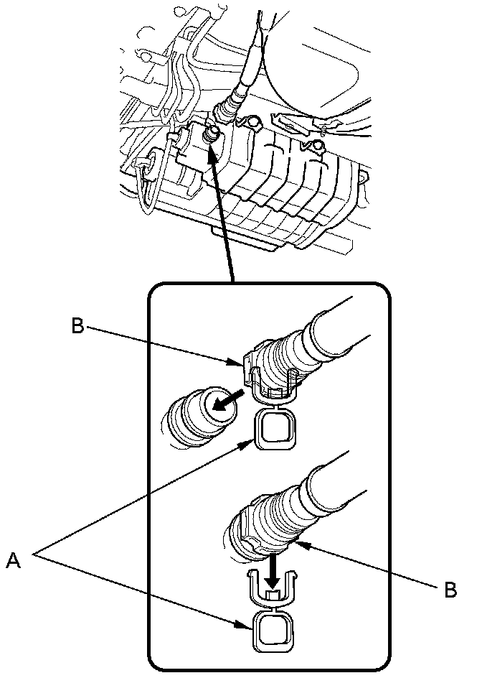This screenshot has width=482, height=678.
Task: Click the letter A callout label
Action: (13, 559)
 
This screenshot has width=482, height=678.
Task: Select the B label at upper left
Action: (77, 326)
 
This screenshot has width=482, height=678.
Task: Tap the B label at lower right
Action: (450, 590)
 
